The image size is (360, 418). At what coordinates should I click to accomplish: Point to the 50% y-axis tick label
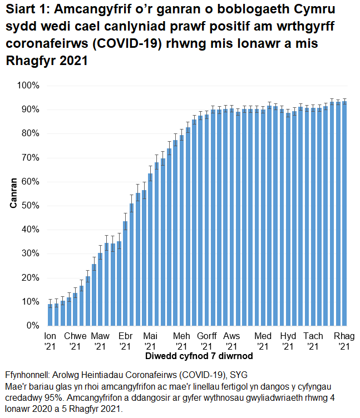[x=28, y=206]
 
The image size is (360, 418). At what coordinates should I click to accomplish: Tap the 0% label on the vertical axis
[x=31, y=326]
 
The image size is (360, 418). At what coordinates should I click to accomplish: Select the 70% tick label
[x=28, y=158]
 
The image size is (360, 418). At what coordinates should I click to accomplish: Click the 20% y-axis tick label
[x=28, y=278]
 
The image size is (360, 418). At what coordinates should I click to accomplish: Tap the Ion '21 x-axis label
[x=50, y=341]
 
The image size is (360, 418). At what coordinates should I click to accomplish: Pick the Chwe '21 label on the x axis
[x=75, y=341]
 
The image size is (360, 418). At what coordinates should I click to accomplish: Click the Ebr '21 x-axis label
[x=125, y=341]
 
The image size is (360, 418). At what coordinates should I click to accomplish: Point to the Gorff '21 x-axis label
[x=206, y=341]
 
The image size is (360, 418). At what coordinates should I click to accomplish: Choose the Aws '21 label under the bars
[x=231, y=341]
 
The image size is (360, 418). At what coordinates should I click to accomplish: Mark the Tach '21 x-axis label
[x=313, y=341]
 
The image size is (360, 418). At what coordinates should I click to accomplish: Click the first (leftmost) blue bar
[x=50, y=315]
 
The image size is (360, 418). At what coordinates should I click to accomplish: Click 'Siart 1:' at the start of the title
[x=26, y=11]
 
